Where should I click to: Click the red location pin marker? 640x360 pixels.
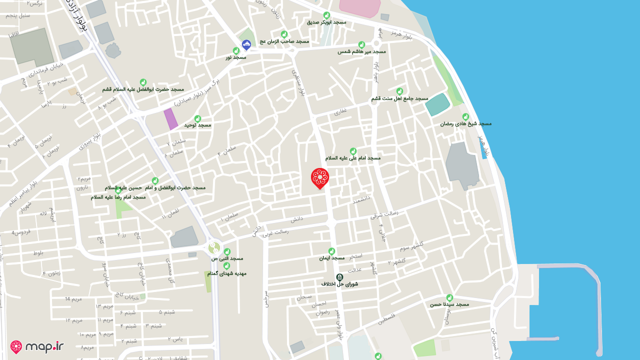tap(319, 178)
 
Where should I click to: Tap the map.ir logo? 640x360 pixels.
tap(37, 346)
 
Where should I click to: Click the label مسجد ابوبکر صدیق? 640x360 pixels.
tap(326, 22)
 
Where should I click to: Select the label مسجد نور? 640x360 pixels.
tap(236, 57)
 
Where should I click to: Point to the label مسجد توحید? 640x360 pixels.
tap(197, 125)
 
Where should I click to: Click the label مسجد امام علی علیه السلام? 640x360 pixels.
tap(353, 158)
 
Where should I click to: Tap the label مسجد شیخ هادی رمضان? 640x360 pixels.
tap(466, 123)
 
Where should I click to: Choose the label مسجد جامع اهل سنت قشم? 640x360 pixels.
tap(399, 98)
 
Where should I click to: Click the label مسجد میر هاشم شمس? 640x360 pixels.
tap(361, 51)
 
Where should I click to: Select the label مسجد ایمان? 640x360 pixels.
tap(331, 258)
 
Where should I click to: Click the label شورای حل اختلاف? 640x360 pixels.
tap(340, 283)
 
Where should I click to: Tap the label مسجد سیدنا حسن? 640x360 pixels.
tap(449, 304)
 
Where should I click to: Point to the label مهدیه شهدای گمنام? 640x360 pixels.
tap(226, 273)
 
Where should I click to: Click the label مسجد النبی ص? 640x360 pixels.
tap(227, 258)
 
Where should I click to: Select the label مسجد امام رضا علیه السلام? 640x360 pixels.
tap(118, 197)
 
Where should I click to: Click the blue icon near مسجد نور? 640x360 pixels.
tap(246, 45)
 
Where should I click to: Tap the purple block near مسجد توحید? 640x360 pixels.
tap(170, 119)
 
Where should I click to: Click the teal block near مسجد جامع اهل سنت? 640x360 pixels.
tap(437, 104)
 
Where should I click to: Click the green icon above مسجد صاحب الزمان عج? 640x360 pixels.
tap(284, 34)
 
